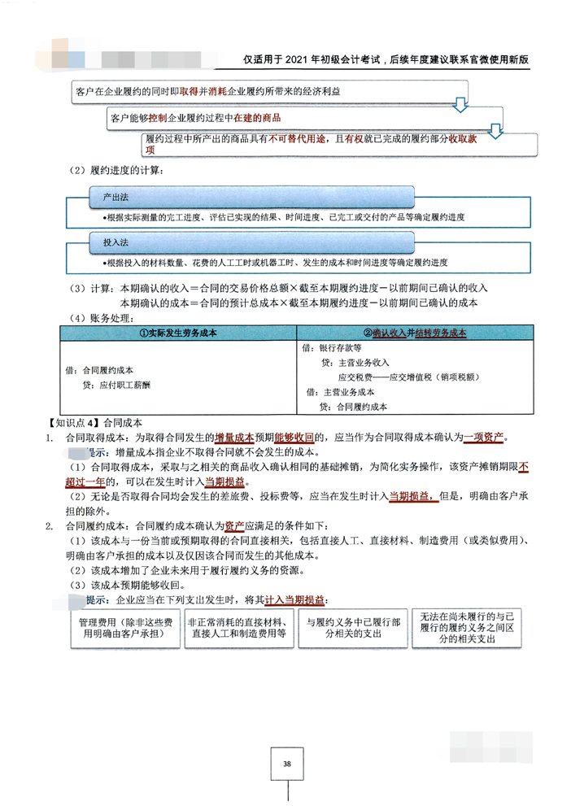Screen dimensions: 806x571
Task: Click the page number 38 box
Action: pyautogui.click(x=287, y=764)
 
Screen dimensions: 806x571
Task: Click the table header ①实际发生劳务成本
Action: pyautogui.click(x=177, y=333)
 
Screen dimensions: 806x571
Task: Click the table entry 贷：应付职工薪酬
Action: pyautogui.click(x=111, y=386)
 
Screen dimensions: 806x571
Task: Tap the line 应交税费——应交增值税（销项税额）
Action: pyautogui.click(x=408, y=377)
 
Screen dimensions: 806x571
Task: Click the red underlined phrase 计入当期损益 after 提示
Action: pyautogui.click(x=295, y=600)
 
